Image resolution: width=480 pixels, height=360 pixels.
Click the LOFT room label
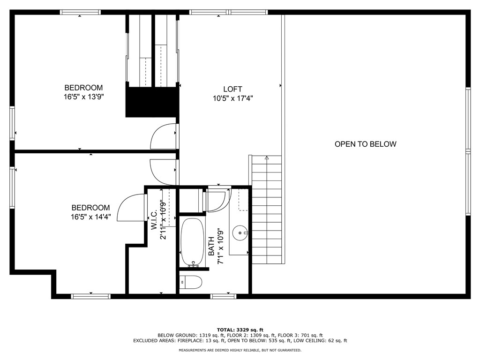(232, 89)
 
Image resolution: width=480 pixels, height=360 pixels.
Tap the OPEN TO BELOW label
(365, 144)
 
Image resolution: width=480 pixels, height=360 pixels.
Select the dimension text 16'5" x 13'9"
(83, 97)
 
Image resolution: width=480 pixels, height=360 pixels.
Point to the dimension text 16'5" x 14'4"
(90, 217)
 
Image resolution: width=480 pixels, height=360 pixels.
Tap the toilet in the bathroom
(191, 282)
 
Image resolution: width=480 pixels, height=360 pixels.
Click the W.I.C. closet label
(154, 220)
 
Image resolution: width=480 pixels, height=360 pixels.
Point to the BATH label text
(211, 246)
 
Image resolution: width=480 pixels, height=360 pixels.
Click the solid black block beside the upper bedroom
(152, 102)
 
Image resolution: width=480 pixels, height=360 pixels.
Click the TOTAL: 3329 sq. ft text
(240, 330)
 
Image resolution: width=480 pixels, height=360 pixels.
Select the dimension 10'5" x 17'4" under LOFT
(232, 98)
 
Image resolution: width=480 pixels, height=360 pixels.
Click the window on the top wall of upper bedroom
(80, 12)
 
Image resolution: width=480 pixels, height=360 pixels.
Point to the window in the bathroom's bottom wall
(223, 296)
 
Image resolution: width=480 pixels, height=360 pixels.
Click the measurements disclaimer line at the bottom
(240, 350)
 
